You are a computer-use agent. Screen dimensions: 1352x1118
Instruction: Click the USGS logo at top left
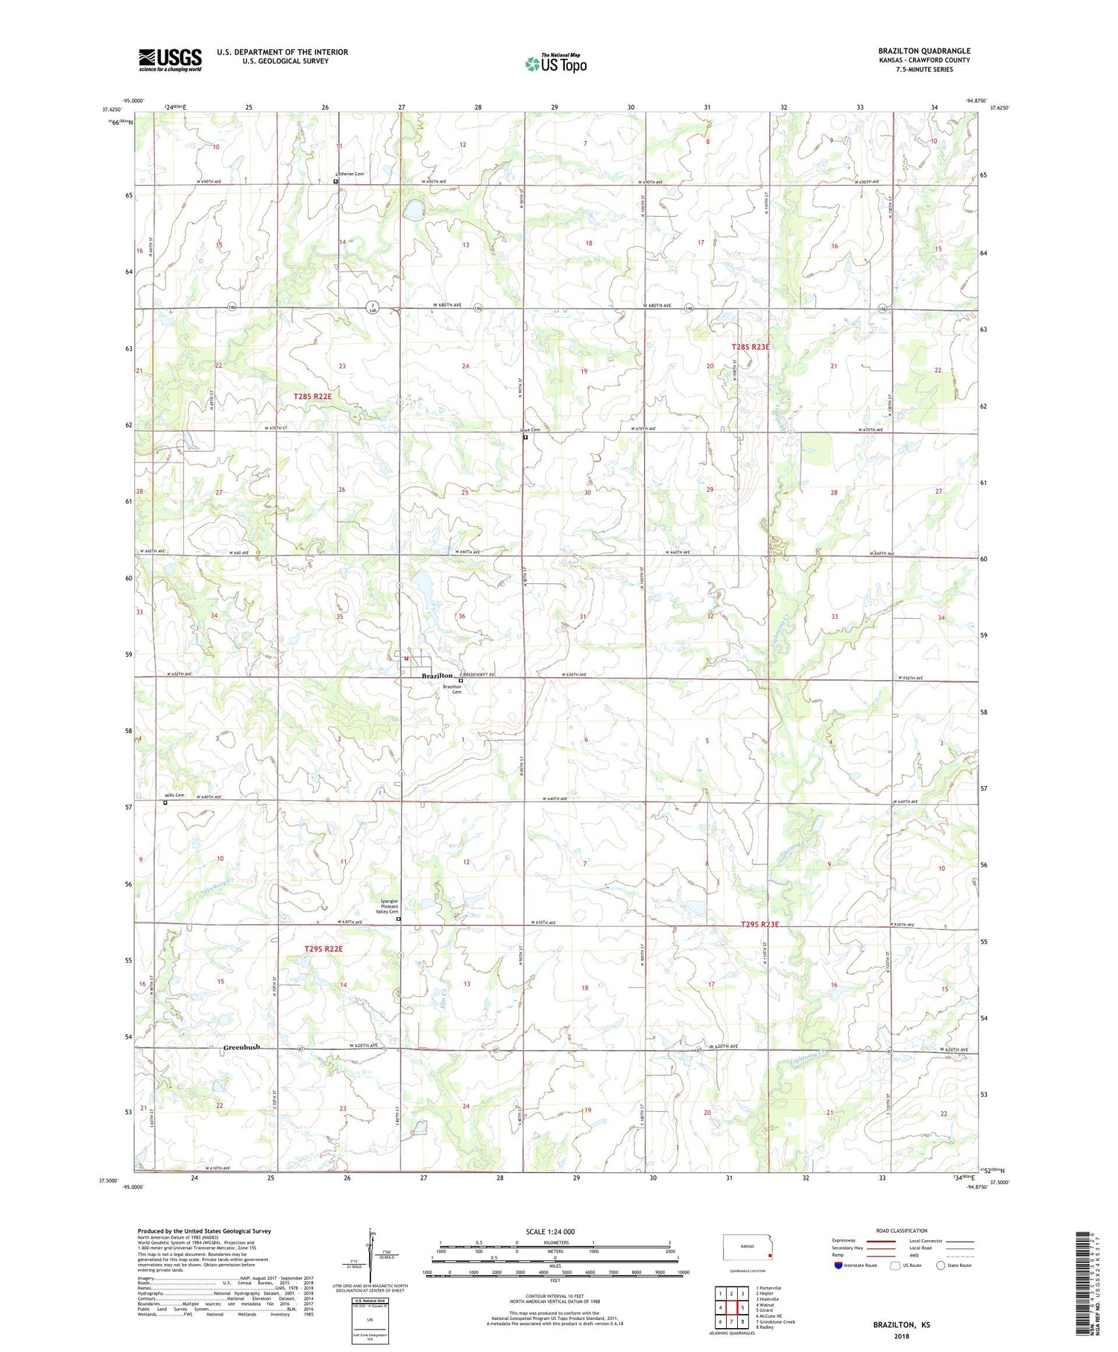pyautogui.click(x=170, y=60)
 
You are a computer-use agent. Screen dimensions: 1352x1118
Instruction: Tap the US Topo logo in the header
pyautogui.click(x=555, y=63)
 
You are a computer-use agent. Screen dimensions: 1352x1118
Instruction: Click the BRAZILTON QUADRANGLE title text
pyautogui.click(x=923, y=51)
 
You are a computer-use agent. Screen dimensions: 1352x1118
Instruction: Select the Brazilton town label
pyautogui.click(x=437, y=676)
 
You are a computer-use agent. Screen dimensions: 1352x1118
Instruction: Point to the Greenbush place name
pyautogui.click(x=242, y=1047)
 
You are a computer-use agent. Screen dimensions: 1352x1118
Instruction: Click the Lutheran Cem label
pyautogui.click(x=349, y=174)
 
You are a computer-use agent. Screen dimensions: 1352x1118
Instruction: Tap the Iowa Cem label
pyautogui.click(x=529, y=430)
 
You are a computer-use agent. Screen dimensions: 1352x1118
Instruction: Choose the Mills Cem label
pyautogui.click(x=174, y=795)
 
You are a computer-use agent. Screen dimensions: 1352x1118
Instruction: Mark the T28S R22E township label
pyautogui.click(x=312, y=397)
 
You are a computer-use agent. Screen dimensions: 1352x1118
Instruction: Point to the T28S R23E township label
pyautogui.click(x=750, y=347)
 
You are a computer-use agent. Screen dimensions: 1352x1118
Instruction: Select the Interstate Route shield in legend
pyautogui.click(x=839, y=1265)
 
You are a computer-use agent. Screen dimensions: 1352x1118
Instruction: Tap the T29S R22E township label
pyautogui.click(x=323, y=949)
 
